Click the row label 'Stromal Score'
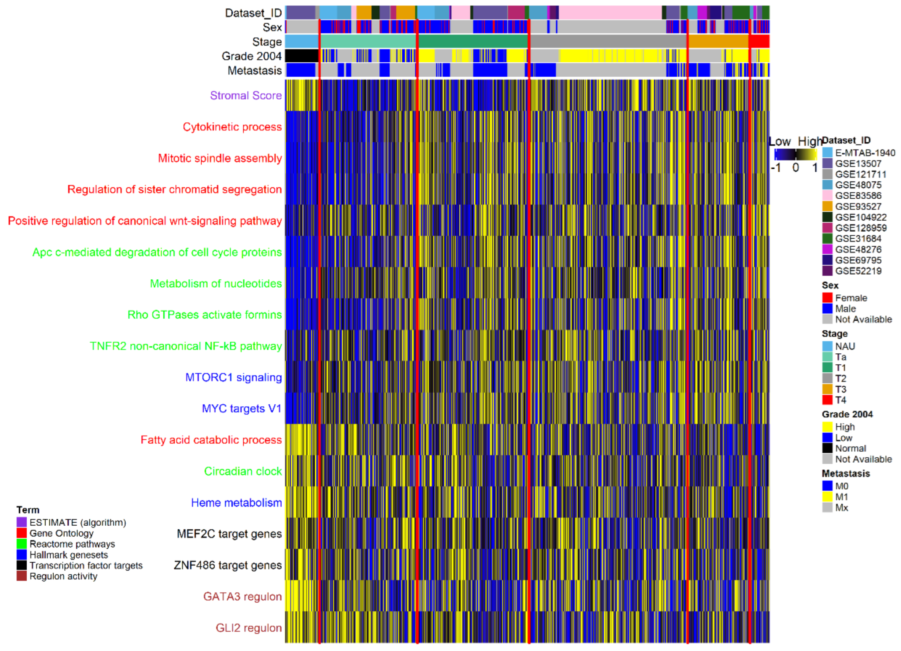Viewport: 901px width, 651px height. tap(245, 95)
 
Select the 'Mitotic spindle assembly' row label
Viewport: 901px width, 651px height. tap(220, 158)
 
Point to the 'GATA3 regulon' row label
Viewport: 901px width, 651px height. tap(242, 596)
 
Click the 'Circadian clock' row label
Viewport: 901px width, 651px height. tap(243, 471)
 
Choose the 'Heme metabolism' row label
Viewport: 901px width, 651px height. tap(236, 503)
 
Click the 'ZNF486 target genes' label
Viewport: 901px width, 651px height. tap(228, 565)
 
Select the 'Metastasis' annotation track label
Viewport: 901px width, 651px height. tap(254, 70)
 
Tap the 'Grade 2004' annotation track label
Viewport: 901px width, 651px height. tap(252, 56)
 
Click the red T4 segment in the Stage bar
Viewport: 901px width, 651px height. tap(759, 41)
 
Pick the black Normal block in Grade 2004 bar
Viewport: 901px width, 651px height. tap(301, 56)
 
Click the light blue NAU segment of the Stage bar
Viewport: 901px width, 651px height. tap(301, 41)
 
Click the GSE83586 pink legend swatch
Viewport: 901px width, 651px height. tap(827, 196)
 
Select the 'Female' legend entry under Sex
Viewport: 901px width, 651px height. tap(850, 298)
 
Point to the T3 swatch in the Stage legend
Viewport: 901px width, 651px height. tap(827, 389)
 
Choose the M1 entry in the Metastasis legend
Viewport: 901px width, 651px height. tap(841, 497)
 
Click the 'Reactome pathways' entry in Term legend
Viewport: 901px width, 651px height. tap(72, 544)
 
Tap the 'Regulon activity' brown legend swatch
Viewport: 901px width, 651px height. tap(22, 576)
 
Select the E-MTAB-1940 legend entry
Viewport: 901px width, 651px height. tap(864, 153)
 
